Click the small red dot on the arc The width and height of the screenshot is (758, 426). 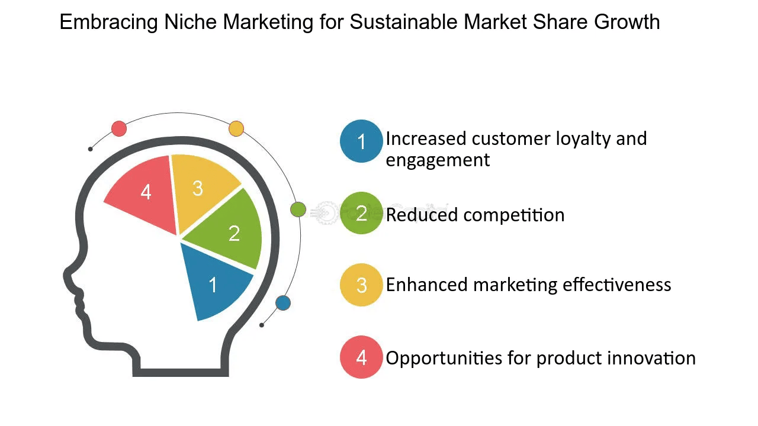(x=119, y=128)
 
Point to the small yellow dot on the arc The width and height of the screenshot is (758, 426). (x=236, y=128)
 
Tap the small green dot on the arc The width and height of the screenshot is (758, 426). (x=298, y=209)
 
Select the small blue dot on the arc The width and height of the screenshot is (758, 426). (x=283, y=303)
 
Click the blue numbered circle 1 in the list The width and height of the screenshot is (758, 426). (x=361, y=141)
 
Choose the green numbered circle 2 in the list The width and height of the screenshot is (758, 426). (x=361, y=213)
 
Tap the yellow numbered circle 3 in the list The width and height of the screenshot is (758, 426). (x=361, y=285)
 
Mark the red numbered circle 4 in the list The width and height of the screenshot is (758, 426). (x=361, y=357)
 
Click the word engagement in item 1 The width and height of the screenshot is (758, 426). (x=438, y=160)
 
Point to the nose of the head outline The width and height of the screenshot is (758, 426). (x=66, y=276)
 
